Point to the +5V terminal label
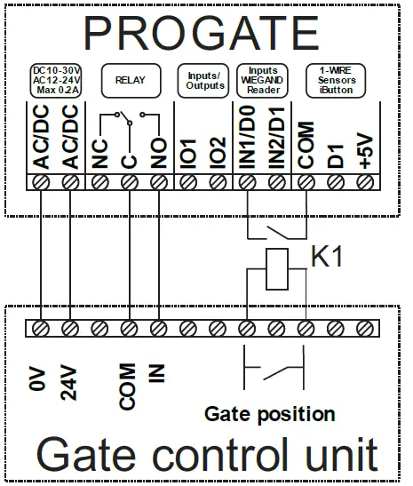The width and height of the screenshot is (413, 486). click(x=364, y=147)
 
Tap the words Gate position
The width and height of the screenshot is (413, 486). click(x=269, y=413)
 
